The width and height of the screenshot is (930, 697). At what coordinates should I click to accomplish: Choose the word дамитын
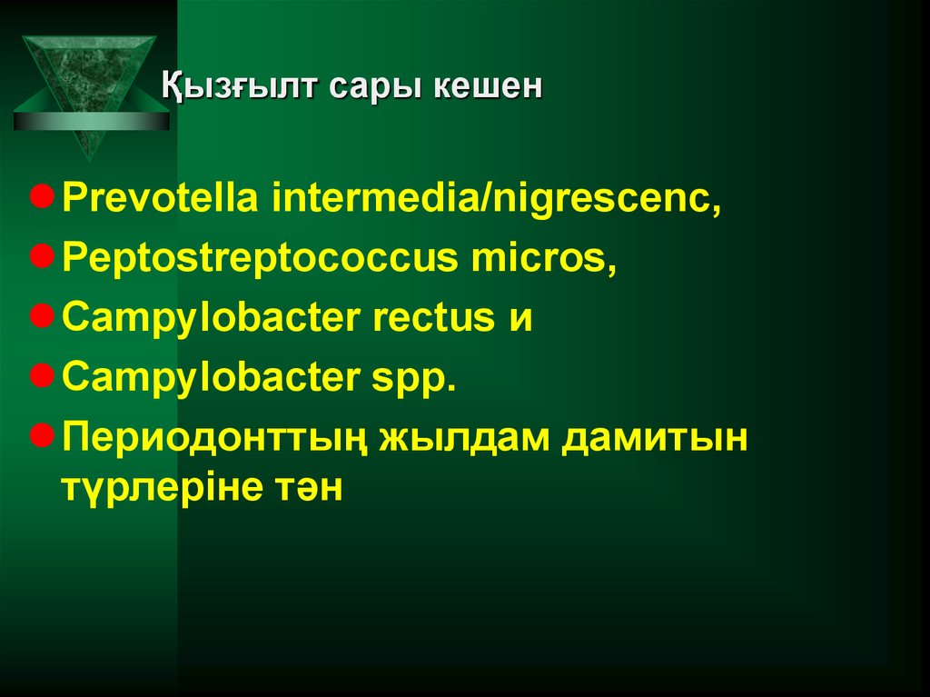pos(657,437)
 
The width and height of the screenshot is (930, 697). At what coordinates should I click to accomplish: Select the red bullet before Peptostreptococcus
pos(40,257)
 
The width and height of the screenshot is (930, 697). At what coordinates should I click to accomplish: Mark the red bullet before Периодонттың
pos(40,434)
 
